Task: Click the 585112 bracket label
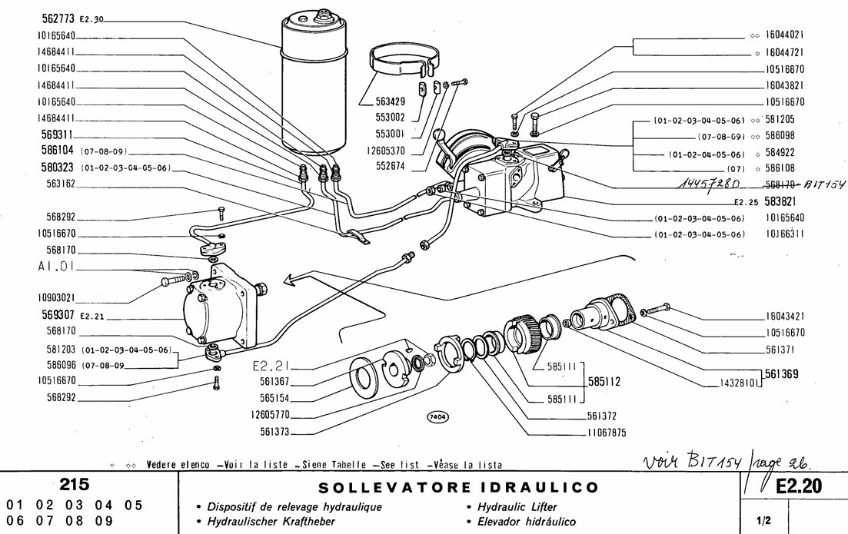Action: [605, 380]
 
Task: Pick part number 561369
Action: [783, 374]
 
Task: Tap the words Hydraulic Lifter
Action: [509, 507]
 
